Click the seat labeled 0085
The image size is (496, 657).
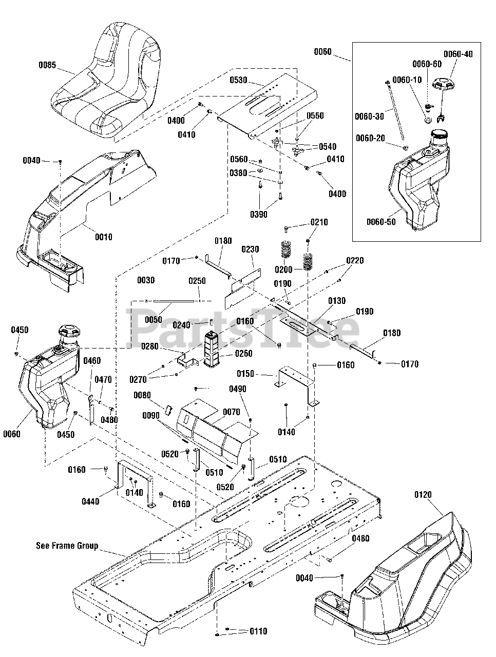106,82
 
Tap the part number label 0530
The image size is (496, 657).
239,80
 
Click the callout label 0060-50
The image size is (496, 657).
381,222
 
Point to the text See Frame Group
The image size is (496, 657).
67,546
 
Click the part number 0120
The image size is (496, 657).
423,494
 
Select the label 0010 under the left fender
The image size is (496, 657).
104,237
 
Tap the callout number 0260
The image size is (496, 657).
244,354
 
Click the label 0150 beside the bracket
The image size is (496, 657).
245,374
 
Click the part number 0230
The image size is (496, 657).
250,249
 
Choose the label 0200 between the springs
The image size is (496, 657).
283,269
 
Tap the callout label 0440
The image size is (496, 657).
90,501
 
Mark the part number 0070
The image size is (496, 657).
232,412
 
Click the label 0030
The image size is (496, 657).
146,280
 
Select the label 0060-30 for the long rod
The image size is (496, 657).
369,116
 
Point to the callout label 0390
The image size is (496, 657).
259,215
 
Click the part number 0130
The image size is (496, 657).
337,300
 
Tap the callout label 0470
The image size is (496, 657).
103,379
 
